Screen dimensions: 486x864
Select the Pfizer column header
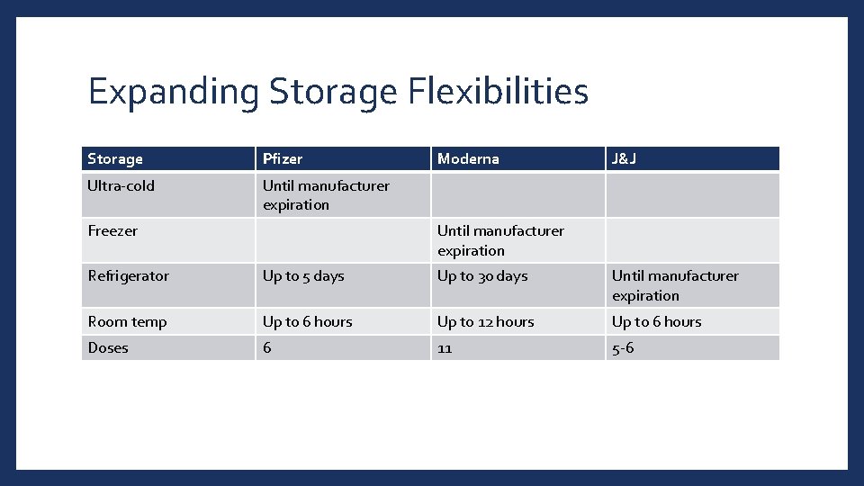click(x=283, y=159)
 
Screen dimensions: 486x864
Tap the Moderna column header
click(x=468, y=159)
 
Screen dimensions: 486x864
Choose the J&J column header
click(x=625, y=159)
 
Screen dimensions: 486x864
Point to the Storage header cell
click(x=115, y=159)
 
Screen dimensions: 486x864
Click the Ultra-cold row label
click(x=121, y=186)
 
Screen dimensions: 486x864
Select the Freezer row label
click(x=113, y=231)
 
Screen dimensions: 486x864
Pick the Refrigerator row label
click(x=129, y=276)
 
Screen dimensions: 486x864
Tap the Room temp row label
click(x=128, y=322)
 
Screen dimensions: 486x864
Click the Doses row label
click(x=108, y=348)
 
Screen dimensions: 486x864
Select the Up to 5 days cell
click(x=303, y=276)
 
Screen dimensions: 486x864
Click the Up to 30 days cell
click(x=482, y=276)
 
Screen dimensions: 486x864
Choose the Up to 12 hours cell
click(x=486, y=322)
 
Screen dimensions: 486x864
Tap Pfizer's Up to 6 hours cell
click(x=308, y=322)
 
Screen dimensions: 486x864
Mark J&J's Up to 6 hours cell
click(x=657, y=322)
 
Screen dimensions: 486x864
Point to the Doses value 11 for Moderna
click(x=445, y=348)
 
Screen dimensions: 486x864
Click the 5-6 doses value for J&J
click(x=623, y=348)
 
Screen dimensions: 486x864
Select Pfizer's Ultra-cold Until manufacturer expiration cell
click(x=326, y=195)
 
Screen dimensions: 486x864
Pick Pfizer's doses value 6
click(x=267, y=348)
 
